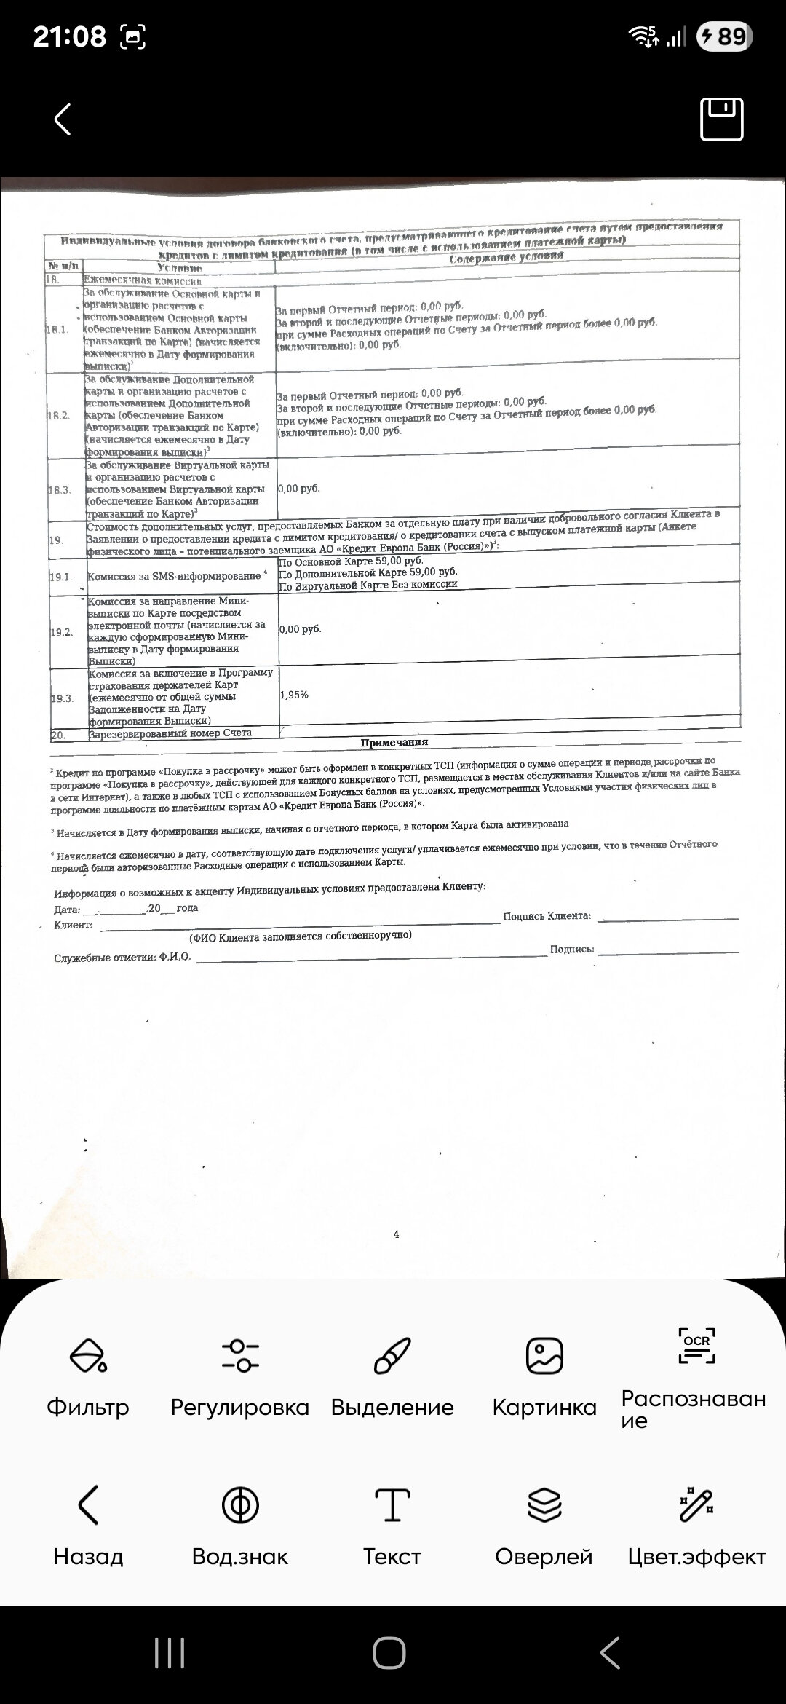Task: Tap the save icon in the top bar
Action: coord(721,119)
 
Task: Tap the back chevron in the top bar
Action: coord(63,119)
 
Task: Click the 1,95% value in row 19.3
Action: coord(294,695)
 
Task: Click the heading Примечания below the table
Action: coord(394,742)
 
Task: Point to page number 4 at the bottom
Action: coord(396,1234)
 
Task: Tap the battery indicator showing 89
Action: coord(725,36)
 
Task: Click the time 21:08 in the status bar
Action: coord(70,36)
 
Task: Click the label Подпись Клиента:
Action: coord(547,916)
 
